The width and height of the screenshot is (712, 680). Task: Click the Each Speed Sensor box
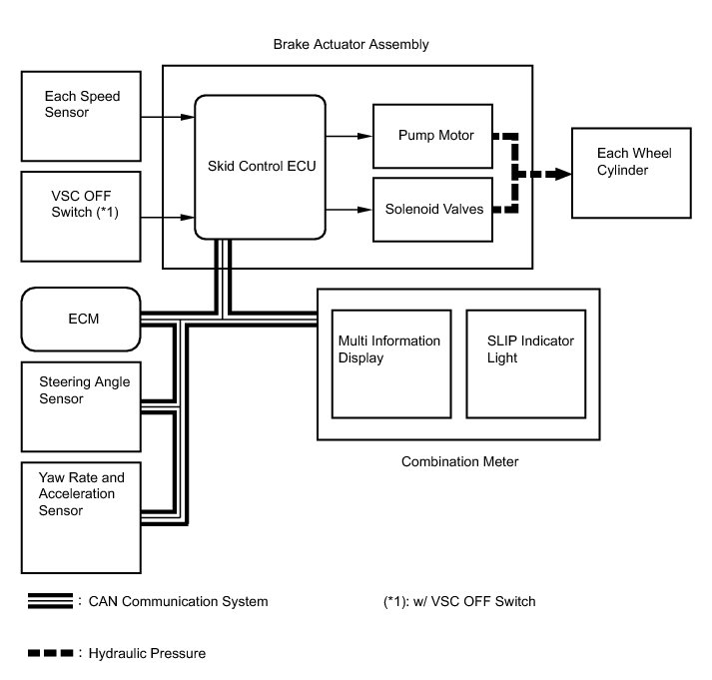(x=81, y=115)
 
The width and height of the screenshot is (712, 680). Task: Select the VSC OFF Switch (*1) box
(x=81, y=215)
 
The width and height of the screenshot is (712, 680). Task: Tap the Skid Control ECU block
(x=260, y=165)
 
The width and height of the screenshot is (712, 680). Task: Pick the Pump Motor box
(x=432, y=135)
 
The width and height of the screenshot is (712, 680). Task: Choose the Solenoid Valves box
(x=432, y=209)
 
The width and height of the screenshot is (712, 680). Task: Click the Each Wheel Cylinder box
(x=629, y=173)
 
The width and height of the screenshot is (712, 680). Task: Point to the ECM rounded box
(x=81, y=320)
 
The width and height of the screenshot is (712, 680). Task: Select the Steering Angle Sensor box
(x=81, y=403)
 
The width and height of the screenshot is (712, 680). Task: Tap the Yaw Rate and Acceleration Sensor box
(x=81, y=515)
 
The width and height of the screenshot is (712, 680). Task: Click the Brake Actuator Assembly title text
(x=351, y=45)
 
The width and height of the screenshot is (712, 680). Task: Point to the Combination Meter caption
(x=459, y=461)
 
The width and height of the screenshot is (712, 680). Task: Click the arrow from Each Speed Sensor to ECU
(x=167, y=117)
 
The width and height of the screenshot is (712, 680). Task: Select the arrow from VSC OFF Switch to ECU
(x=167, y=215)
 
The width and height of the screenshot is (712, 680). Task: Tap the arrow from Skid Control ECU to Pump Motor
(x=349, y=135)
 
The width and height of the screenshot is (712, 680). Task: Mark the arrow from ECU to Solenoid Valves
(x=349, y=209)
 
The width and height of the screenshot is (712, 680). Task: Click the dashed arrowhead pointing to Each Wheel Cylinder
(x=563, y=173)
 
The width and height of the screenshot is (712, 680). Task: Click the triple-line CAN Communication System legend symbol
(x=50, y=601)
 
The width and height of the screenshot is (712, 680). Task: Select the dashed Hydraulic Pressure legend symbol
(x=50, y=654)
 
